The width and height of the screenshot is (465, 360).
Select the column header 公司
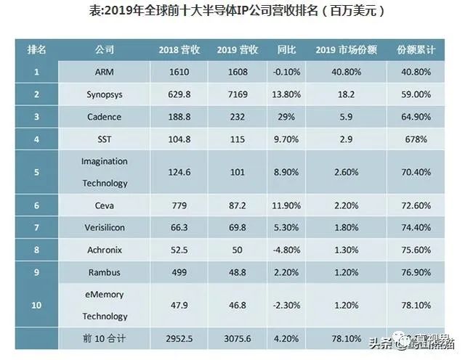[x=105, y=50]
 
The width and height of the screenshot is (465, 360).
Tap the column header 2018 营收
[x=178, y=50]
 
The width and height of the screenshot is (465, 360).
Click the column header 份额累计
[x=416, y=50]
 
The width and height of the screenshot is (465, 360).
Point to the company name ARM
[x=105, y=73]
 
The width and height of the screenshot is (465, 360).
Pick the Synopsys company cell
[x=105, y=94]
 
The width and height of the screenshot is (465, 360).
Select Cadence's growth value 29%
[x=284, y=116]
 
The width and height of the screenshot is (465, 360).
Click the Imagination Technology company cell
[x=105, y=172]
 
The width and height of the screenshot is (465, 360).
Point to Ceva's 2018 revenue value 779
[x=178, y=206]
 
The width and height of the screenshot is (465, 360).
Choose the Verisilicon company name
[x=105, y=228]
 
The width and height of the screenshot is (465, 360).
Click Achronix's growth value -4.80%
[x=284, y=250]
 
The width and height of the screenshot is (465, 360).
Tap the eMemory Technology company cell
[x=105, y=305]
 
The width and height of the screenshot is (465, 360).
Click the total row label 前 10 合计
[x=105, y=338]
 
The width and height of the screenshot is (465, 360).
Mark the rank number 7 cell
[x=36, y=228]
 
